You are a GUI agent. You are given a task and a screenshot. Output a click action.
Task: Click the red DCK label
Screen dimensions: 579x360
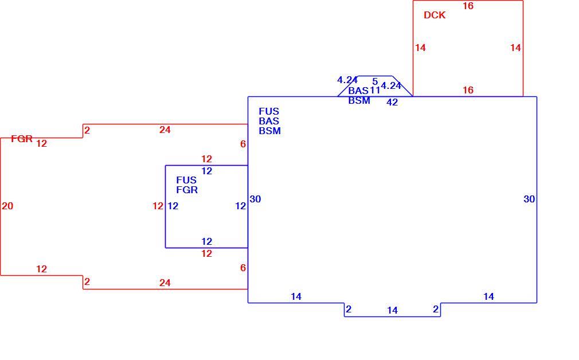(435, 15)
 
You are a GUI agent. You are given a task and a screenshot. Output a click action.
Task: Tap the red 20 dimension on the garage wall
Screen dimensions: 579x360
(7, 206)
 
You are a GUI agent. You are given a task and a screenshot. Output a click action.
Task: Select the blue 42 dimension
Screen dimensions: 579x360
(392, 102)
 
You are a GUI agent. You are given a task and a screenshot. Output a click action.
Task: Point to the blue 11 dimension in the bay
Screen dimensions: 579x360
(375, 90)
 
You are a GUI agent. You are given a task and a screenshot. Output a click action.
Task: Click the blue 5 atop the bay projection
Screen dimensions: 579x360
(375, 81)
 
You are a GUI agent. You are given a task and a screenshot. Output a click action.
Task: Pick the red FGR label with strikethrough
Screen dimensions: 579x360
(22, 139)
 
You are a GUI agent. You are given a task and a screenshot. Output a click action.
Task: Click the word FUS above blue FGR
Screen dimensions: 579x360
(186, 180)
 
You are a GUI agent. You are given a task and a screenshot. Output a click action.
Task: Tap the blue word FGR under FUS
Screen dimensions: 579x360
(187, 190)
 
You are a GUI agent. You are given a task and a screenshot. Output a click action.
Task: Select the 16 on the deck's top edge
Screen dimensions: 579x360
(468, 6)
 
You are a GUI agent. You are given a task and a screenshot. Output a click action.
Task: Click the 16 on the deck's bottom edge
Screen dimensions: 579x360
(468, 90)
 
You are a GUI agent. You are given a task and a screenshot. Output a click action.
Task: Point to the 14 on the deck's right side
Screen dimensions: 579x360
(515, 48)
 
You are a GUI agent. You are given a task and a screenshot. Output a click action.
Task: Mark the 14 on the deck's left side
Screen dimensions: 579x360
(420, 48)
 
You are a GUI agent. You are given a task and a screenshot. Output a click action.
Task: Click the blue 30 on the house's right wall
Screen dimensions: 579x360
(529, 199)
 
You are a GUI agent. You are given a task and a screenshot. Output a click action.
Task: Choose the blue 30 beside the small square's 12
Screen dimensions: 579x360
(255, 199)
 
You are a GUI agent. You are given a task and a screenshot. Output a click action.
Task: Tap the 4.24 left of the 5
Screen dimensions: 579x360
(347, 80)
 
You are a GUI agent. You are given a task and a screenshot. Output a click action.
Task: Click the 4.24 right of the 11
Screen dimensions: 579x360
(391, 85)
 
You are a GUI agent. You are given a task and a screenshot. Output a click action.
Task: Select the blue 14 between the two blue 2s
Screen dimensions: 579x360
(392, 311)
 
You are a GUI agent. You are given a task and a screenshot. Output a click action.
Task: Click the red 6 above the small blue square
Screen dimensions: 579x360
(243, 144)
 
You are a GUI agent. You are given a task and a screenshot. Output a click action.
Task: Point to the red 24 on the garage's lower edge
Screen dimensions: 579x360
(165, 283)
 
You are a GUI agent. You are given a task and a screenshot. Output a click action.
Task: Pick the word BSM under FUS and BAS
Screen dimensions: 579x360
(269, 131)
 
